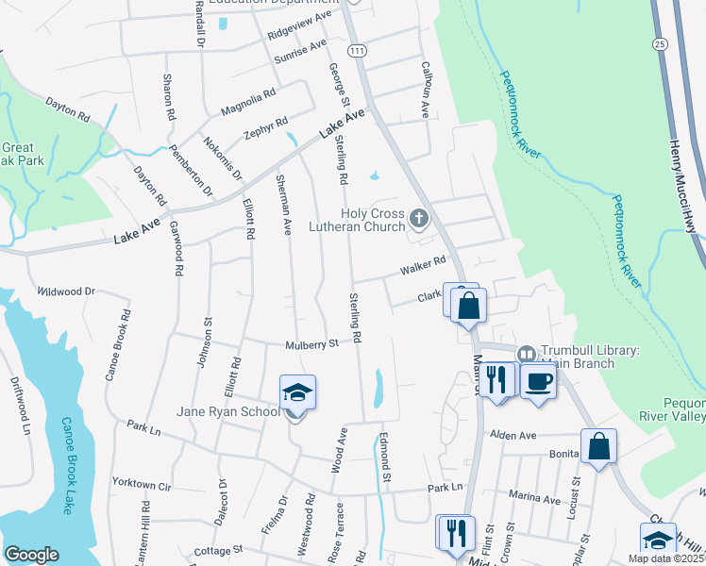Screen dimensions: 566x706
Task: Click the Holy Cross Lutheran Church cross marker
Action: [x=419, y=220]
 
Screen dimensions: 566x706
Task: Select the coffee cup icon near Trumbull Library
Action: [x=538, y=382]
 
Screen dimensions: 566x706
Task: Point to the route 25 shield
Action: [x=659, y=44]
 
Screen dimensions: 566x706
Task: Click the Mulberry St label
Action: [x=311, y=346]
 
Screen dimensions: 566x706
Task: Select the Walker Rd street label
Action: [x=422, y=266]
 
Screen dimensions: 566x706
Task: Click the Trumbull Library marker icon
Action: [x=527, y=352]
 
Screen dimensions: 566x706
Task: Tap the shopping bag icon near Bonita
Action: [x=598, y=446]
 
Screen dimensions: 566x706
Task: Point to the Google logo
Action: [x=31, y=555]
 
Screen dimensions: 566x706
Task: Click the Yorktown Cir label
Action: [x=142, y=485]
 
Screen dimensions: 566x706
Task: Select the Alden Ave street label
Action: [x=513, y=436]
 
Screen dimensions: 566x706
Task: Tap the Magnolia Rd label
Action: [x=248, y=103]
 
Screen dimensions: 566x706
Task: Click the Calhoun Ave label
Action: [x=425, y=97]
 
